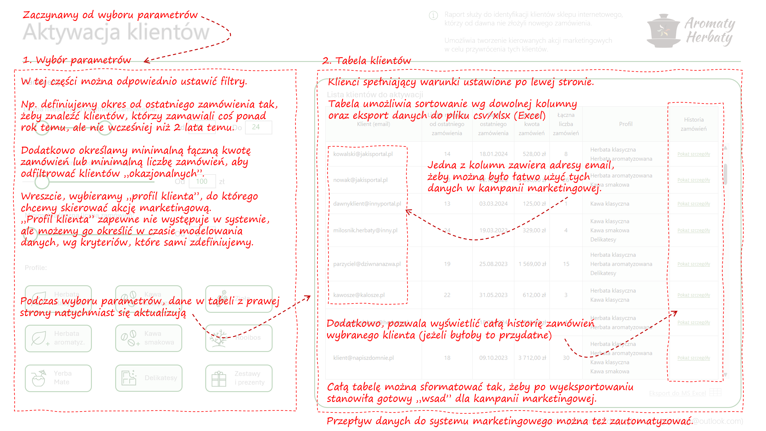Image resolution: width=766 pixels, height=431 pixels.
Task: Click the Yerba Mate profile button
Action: coord(58,378)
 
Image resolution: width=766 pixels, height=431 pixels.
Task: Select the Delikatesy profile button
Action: coord(149,378)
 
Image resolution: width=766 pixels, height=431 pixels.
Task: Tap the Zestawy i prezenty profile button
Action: coord(239,378)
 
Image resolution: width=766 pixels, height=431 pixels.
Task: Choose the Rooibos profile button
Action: coord(239,338)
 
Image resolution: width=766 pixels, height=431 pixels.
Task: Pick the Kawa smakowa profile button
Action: coord(149,338)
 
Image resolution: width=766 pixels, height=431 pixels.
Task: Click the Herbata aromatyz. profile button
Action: coord(58,338)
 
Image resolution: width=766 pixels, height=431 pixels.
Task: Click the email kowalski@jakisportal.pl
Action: coord(363,154)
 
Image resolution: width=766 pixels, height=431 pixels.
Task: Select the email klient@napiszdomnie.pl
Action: coord(364,358)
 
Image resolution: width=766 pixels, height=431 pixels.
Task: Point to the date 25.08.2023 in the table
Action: coord(493,264)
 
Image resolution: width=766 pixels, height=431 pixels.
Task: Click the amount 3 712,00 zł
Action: coord(532,358)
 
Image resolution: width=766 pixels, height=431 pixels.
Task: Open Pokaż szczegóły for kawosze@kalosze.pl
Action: coord(694,295)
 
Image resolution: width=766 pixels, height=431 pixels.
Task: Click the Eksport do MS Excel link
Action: coord(677,393)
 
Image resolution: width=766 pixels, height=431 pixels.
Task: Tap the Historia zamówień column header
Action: coord(694,124)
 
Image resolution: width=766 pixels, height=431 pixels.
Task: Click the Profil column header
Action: coord(626,124)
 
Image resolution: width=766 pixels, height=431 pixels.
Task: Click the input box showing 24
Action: coord(258,127)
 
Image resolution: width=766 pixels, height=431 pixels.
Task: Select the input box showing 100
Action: coord(202,181)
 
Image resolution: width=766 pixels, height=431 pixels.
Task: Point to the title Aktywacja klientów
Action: coord(116,32)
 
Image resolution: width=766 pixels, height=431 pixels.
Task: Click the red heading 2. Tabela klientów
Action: coord(367,61)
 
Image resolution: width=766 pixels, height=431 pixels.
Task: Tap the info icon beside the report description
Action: coord(433,15)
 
